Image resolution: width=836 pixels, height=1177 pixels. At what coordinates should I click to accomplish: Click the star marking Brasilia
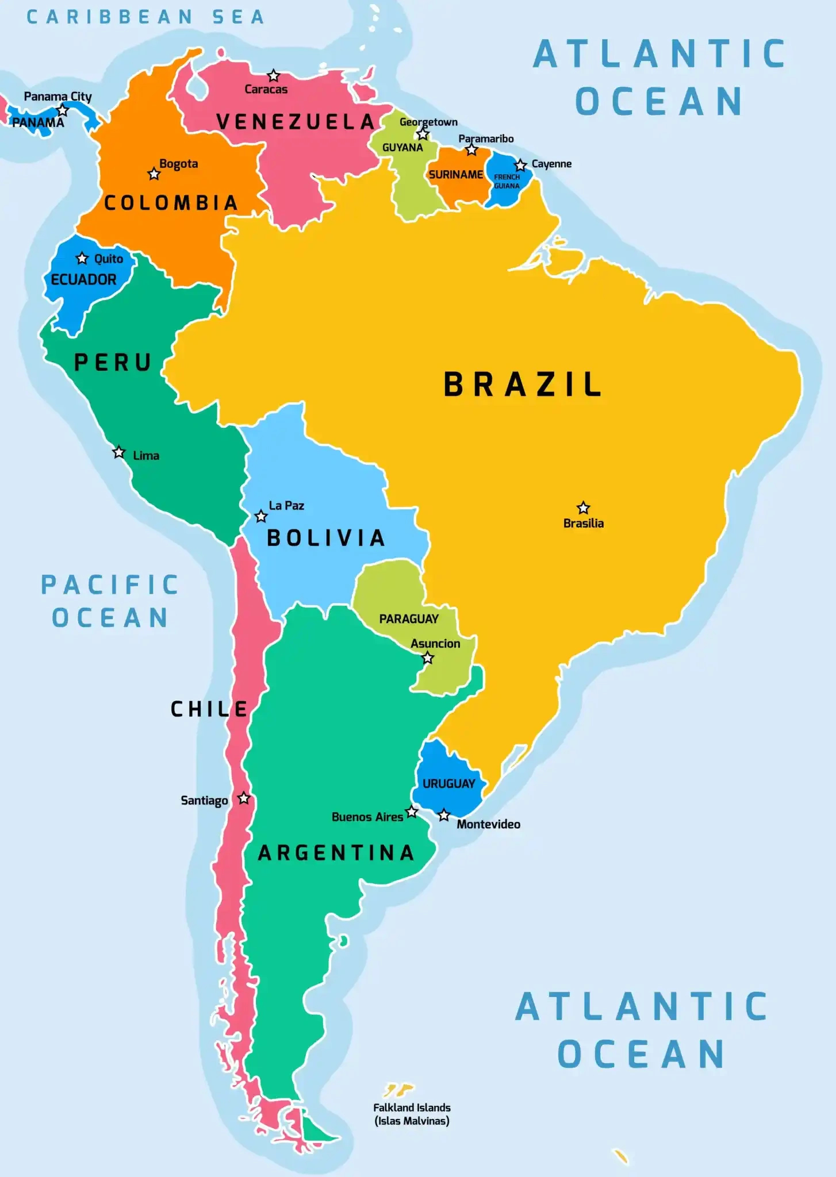click(583, 508)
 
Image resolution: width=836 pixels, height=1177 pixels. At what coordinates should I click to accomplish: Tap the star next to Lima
click(118, 452)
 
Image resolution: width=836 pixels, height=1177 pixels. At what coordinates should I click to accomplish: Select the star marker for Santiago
click(244, 798)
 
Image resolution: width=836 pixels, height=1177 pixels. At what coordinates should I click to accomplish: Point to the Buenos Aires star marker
click(412, 812)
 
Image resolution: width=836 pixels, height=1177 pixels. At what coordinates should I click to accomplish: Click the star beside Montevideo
click(444, 816)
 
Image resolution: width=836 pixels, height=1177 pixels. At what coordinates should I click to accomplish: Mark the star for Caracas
click(274, 76)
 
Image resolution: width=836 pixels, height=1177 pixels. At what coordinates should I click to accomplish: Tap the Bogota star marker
click(154, 174)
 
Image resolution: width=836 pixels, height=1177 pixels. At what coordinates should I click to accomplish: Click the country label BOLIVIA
click(326, 539)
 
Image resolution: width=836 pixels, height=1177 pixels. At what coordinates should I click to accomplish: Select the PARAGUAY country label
click(409, 619)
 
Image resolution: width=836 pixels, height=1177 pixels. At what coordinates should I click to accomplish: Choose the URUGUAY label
click(448, 784)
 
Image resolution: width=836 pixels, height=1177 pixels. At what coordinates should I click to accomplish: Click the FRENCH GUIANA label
click(507, 182)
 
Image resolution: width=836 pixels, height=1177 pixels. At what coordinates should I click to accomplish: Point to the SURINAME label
click(456, 175)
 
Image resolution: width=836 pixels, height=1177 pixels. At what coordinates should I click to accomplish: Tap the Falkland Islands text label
click(412, 1114)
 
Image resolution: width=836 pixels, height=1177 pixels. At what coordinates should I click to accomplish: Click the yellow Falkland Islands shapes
click(398, 1089)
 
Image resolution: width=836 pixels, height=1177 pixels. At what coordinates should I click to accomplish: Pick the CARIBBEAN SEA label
click(146, 17)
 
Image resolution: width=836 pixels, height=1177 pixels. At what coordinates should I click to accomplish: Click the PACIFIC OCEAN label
click(110, 602)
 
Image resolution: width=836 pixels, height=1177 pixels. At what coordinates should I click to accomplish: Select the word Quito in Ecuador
click(109, 259)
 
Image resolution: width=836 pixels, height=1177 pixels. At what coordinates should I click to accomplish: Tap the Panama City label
click(57, 97)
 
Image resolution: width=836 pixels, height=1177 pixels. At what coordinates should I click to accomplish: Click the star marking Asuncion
click(428, 659)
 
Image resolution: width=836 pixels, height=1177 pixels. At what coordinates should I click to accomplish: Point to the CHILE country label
click(209, 709)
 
